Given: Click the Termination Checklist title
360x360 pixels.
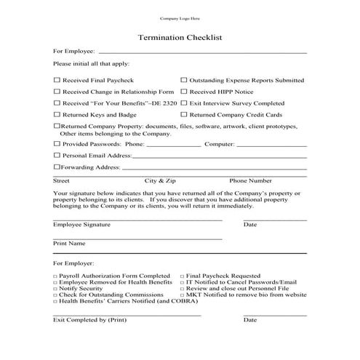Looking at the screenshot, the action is [x=180, y=36].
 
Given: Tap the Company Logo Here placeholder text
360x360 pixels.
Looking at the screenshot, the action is [x=179, y=17].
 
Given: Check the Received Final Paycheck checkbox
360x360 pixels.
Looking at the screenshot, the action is [x=57, y=80].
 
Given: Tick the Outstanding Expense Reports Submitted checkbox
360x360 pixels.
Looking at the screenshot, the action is [x=183, y=80].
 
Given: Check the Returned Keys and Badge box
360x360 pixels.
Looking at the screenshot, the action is [x=57, y=115].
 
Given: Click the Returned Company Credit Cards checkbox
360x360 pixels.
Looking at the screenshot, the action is [x=183, y=115].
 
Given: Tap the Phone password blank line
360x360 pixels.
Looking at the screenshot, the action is [x=174, y=145].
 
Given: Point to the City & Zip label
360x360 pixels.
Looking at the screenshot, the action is [x=160, y=180].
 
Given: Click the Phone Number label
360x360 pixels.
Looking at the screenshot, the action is [x=251, y=180].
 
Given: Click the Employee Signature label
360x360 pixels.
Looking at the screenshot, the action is [x=81, y=225].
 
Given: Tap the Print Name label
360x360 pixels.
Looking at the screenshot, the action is [x=69, y=243].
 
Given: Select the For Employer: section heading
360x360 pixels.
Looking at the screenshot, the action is [x=73, y=262].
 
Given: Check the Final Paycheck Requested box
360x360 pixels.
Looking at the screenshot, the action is [x=181, y=276].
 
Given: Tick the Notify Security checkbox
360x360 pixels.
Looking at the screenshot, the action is [x=55, y=288].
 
